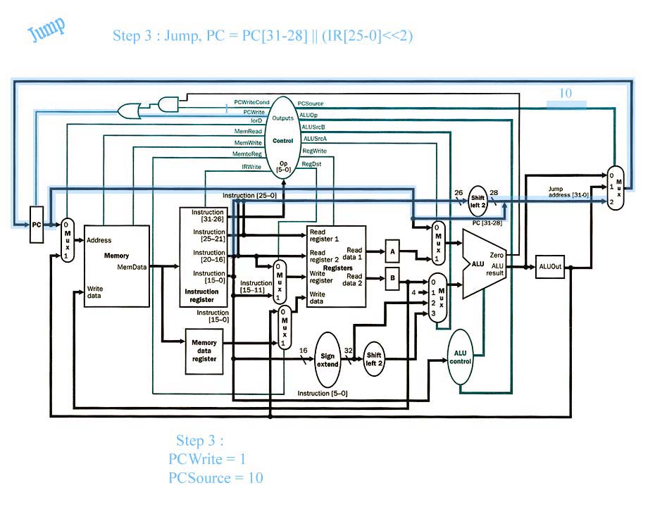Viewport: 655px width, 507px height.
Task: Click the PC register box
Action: point(37,224)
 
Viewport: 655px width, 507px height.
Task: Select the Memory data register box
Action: point(204,351)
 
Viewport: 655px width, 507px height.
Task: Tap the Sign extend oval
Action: point(327,360)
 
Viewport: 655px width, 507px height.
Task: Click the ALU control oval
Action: point(460,356)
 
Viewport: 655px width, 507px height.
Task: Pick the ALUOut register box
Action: point(550,266)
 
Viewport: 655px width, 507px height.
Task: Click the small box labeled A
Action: point(392,251)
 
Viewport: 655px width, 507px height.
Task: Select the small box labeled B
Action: point(392,278)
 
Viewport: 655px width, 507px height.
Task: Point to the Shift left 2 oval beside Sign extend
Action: point(373,358)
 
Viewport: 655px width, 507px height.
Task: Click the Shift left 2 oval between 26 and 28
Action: point(478,201)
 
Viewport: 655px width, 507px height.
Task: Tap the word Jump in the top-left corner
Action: point(46,30)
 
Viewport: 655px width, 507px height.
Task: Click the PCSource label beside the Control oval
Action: point(311,104)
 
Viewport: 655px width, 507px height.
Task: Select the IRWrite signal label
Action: point(251,167)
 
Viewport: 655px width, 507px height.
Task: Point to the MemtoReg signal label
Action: point(247,154)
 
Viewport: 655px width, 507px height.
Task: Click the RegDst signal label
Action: point(311,164)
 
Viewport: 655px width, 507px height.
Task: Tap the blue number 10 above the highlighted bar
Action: point(565,93)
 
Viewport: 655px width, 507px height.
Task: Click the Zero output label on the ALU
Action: point(497,255)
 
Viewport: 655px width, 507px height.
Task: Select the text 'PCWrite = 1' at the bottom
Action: point(207,459)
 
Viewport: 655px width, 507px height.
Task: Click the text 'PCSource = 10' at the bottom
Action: point(216,477)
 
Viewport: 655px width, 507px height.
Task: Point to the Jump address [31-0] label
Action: point(568,192)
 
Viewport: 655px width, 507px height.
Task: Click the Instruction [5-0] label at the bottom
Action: point(323,394)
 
